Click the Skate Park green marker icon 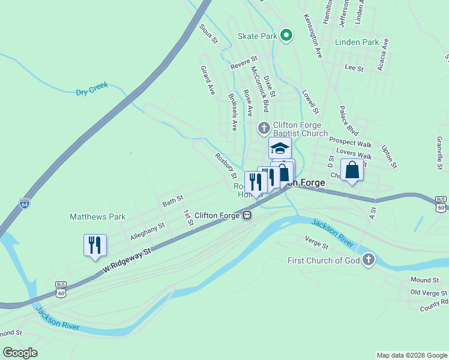click(286, 35)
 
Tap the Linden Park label click(357, 43)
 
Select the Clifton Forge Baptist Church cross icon click(264, 128)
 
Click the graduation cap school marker click(280, 148)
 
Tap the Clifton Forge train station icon click(246, 215)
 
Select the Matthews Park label click(97, 217)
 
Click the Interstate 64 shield click(25, 203)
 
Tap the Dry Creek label click(92, 89)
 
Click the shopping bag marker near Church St click(352, 170)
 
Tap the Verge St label click(317, 242)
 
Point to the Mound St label click(425, 280)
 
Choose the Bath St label click(173, 200)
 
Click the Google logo click(20, 353)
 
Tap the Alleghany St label click(147, 232)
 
